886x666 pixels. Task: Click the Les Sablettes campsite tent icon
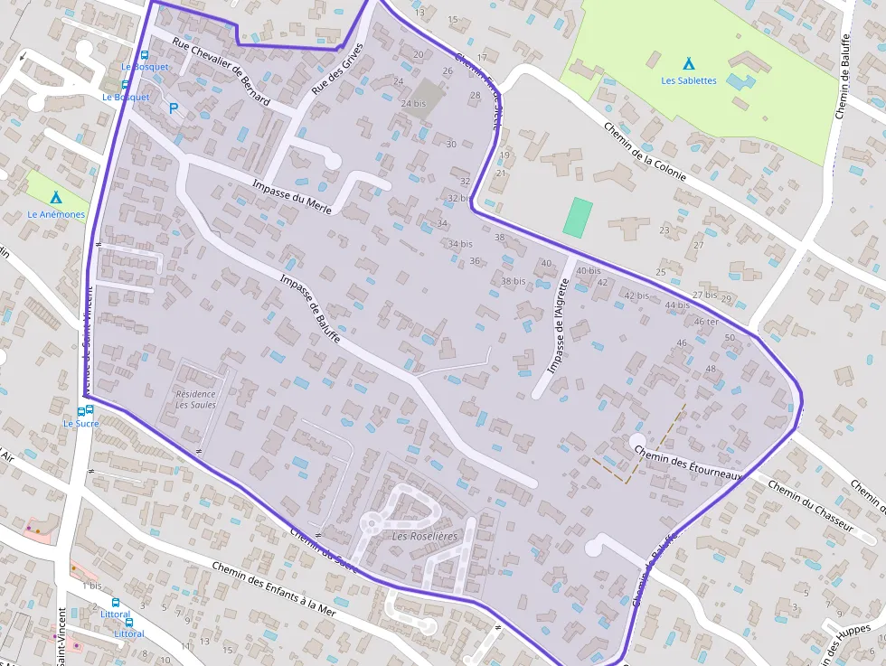pyautogui.click(x=689, y=64)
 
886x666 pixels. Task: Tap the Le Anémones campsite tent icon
pyautogui.click(x=56, y=197)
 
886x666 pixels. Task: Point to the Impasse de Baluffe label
pyautogui.click(x=310, y=308)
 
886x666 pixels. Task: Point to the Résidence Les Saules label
pyautogui.click(x=195, y=399)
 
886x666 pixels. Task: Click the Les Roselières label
pyautogui.click(x=425, y=536)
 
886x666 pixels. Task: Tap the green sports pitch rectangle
pyautogui.click(x=578, y=217)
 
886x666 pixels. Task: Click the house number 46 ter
pyautogui.click(x=706, y=322)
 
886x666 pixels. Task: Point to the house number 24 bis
pyautogui.click(x=412, y=104)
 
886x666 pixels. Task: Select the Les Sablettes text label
pyautogui.click(x=689, y=80)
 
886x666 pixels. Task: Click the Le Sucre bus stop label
pyautogui.click(x=80, y=423)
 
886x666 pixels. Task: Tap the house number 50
pyautogui.click(x=730, y=337)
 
